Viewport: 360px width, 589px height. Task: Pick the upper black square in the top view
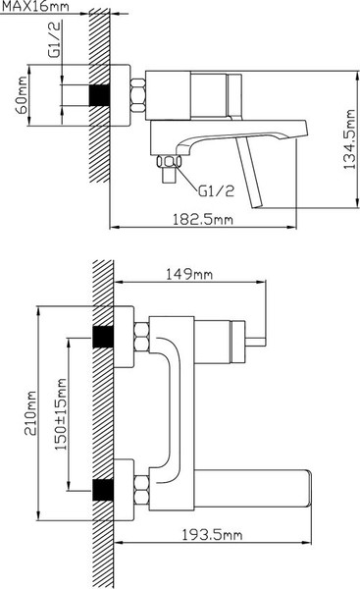tap(100, 337)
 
